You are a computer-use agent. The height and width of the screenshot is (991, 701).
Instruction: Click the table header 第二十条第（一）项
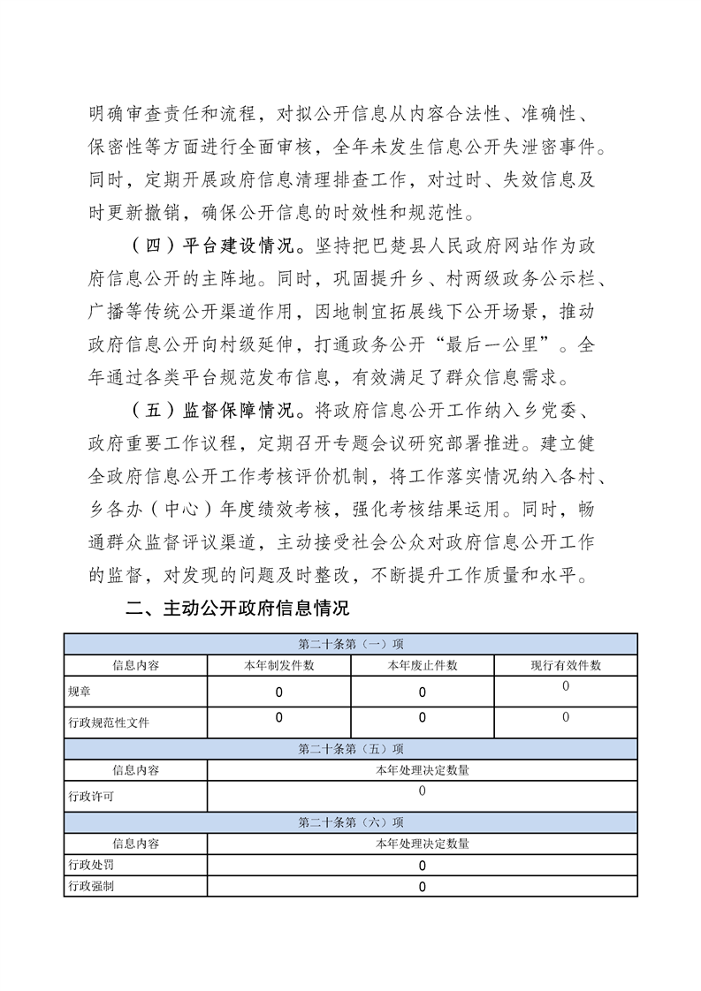[x=351, y=644]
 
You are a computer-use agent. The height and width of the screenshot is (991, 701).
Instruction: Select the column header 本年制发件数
[x=278, y=665]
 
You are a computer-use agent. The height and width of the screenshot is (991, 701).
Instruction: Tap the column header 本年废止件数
[x=422, y=665]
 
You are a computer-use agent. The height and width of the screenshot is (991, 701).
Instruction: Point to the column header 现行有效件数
[x=566, y=665]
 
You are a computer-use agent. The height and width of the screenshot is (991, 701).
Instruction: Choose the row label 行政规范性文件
[x=109, y=722]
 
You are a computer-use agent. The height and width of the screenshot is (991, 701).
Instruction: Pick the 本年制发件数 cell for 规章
[x=278, y=692]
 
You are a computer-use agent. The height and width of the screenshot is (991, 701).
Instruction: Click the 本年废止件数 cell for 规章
[x=422, y=692]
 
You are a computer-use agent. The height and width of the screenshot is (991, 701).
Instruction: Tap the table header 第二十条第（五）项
[x=351, y=750]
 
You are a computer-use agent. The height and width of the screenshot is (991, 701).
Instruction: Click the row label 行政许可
[x=91, y=796]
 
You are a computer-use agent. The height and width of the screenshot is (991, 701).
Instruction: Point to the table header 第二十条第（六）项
[x=351, y=822]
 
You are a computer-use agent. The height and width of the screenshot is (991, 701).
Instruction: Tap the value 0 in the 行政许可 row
[x=422, y=791]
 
